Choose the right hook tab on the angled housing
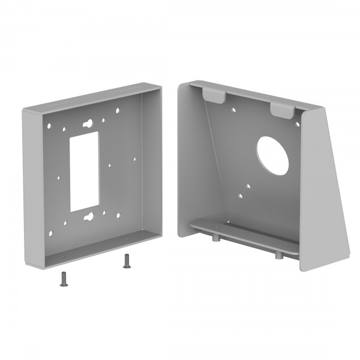coord(283,109)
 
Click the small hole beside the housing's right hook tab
coord(296,124)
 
